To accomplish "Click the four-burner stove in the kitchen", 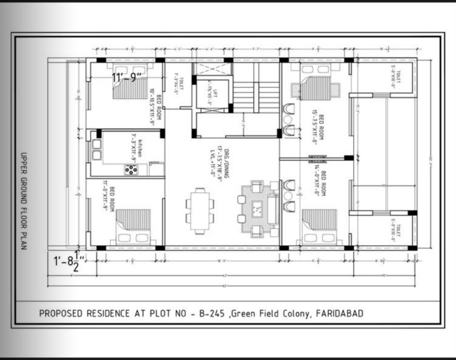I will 131,170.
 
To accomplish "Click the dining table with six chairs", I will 199,211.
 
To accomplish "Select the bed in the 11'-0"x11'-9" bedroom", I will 129,226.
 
